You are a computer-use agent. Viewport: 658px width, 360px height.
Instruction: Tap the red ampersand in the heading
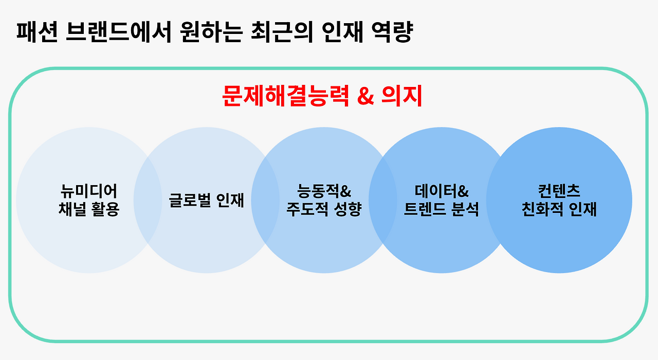365,96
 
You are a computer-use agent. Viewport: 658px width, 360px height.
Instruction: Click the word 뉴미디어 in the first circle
89,191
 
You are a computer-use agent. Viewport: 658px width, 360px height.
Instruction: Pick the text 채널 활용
89,209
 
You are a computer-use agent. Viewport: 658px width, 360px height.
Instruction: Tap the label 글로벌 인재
207,200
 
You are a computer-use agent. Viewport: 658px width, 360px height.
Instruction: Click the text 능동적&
324,191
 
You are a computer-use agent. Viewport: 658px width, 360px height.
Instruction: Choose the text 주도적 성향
324,209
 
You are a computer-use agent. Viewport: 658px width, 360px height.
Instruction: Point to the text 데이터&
442,191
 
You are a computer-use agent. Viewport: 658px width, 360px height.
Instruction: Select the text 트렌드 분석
442,209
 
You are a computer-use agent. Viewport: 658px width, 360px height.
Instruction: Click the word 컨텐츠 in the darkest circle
559,191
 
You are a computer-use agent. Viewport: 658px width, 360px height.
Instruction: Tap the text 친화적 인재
559,209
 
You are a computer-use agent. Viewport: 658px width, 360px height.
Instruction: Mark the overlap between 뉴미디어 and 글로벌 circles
148,200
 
